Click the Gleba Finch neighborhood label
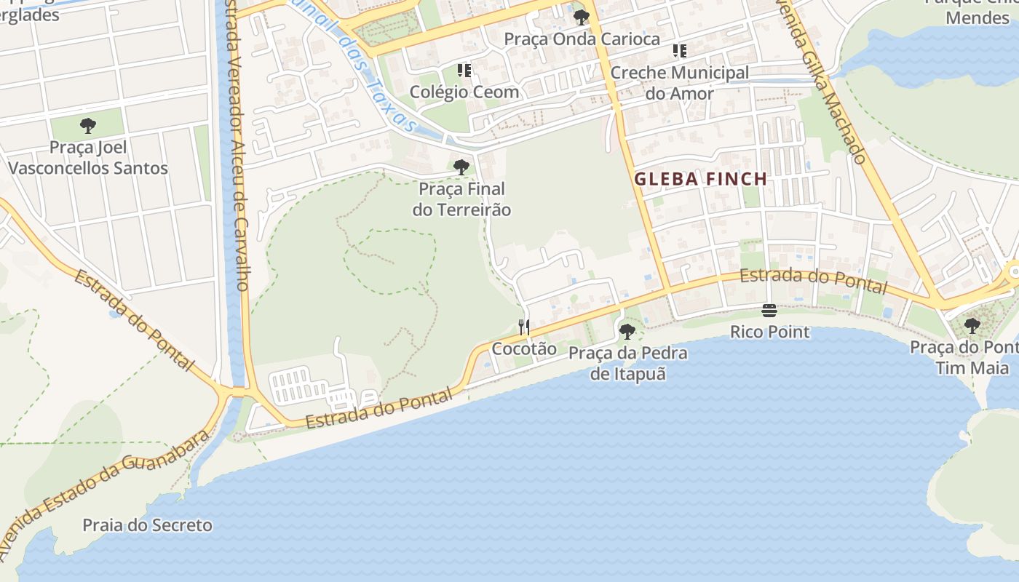pos(701,179)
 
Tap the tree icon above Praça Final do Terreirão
pos(461,167)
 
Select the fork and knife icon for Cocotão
pos(524,327)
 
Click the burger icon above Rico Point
pos(769,311)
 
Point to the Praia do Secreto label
pos(147,525)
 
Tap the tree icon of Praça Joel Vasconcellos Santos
pos(88,126)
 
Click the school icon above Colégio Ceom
pos(464,71)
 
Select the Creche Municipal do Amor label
pos(679,83)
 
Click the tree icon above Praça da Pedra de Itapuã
pos(627,332)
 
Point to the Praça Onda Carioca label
pos(582,39)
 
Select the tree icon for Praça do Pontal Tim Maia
pos(972,325)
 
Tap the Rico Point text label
pos(770,332)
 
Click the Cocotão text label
pos(524,349)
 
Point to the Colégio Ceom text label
pos(464,92)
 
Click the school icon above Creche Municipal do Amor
pos(679,51)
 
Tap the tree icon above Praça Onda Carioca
pos(581,17)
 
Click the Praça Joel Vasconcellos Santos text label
pos(88,158)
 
